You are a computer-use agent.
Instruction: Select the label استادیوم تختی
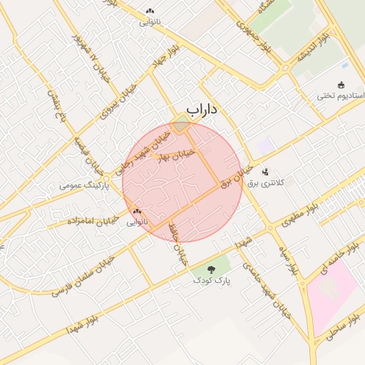coord(341,96)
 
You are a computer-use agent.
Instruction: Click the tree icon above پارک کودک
coord(211,269)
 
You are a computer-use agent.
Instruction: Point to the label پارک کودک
coord(211,281)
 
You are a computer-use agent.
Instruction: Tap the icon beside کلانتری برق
coord(265,171)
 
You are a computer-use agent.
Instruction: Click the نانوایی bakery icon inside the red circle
coord(137,211)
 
